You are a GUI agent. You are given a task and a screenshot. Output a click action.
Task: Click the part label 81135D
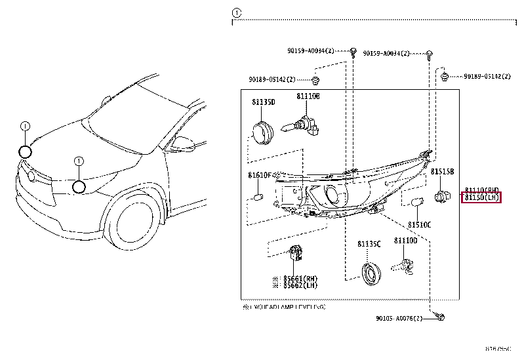(x=263, y=102)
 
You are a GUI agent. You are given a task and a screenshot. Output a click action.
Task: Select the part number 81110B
(x=308, y=96)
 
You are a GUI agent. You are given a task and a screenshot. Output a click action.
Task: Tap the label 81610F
(x=260, y=176)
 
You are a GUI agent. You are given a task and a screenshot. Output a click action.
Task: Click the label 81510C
(x=419, y=225)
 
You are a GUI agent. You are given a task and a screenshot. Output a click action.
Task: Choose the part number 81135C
(x=369, y=244)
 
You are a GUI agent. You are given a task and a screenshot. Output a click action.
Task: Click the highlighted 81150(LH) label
(x=481, y=197)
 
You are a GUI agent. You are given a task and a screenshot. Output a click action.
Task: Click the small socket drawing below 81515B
(x=442, y=195)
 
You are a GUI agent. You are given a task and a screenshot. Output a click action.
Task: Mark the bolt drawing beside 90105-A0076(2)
(x=441, y=317)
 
